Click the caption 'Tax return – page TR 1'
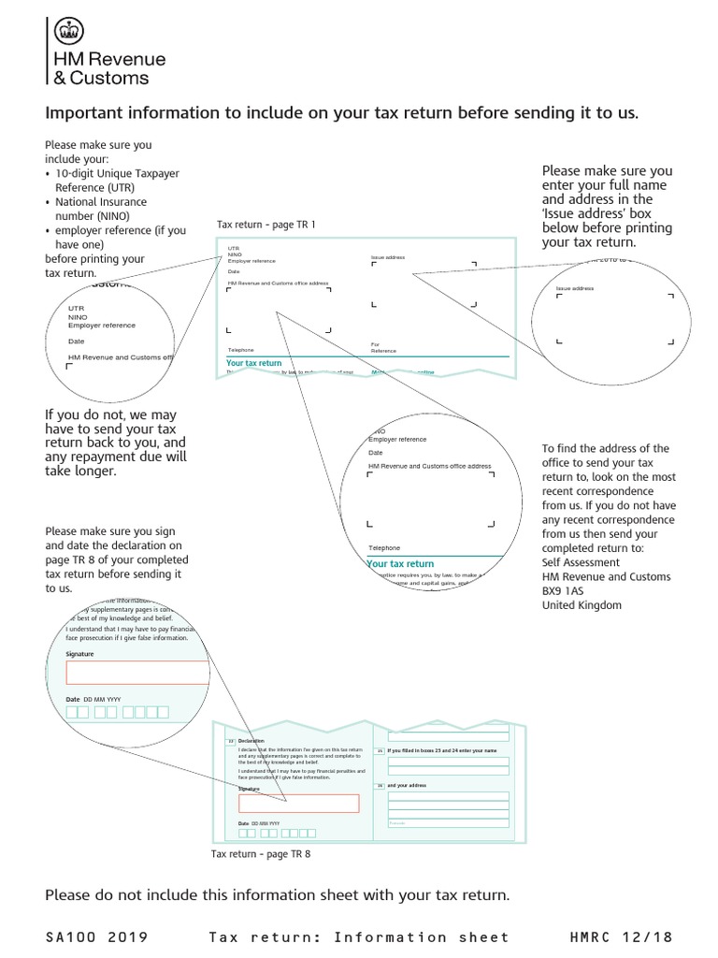click(266, 225)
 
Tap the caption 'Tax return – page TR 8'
click(261, 854)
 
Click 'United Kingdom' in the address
click(582, 605)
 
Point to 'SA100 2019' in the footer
click(96, 936)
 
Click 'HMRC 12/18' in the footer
click(621, 936)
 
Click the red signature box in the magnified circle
click(138, 673)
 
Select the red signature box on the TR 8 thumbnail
click(298, 803)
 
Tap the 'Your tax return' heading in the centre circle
click(401, 564)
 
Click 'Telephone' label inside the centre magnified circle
click(384, 547)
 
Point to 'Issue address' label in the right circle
click(575, 289)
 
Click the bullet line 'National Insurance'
click(101, 202)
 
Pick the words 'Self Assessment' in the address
click(581, 562)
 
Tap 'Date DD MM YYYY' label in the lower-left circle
click(93, 699)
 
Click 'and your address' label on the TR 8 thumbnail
click(407, 785)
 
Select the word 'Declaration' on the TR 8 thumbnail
click(252, 741)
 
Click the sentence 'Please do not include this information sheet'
click(277, 895)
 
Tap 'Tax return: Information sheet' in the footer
click(360, 936)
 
